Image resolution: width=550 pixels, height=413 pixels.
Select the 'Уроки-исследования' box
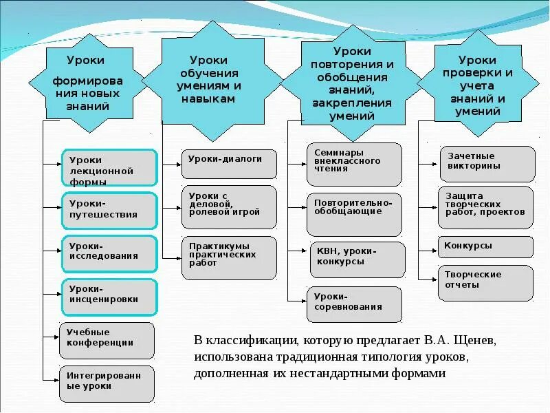click(110, 251)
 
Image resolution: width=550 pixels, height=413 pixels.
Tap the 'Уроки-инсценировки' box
click(110, 295)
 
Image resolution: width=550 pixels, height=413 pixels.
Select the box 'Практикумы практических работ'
click(229, 257)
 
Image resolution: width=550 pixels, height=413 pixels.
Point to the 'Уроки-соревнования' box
click(353, 304)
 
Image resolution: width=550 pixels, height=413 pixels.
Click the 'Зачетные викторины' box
click(486, 163)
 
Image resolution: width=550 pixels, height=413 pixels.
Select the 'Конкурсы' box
click(485, 246)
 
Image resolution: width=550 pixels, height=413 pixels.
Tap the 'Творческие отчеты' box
click(485, 282)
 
